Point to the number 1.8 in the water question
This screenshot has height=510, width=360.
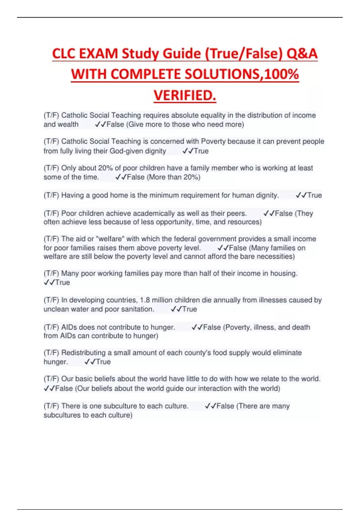click(x=145, y=300)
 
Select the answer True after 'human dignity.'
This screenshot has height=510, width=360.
click(x=314, y=195)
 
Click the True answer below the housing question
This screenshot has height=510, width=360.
click(x=62, y=282)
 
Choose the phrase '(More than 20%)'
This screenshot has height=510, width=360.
click(x=173, y=177)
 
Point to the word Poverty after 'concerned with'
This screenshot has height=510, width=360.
click(x=213, y=141)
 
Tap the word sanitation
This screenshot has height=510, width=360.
click(x=137, y=309)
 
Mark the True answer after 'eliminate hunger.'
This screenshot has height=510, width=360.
click(x=103, y=362)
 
